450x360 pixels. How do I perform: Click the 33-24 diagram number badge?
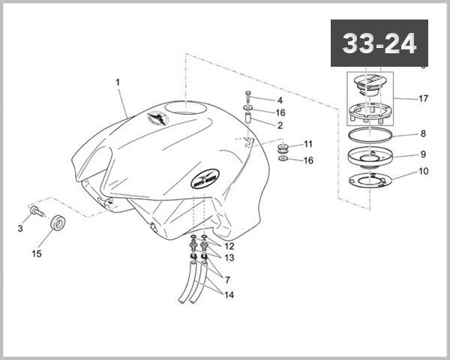click(x=379, y=44)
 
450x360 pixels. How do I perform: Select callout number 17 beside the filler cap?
click(x=423, y=98)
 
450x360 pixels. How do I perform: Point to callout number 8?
click(x=423, y=134)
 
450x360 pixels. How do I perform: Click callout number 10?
click(x=423, y=172)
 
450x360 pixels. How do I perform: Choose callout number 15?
click(x=36, y=254)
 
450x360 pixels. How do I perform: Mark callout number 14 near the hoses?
click(x=229, y=295)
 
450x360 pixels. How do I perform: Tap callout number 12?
click(x=229, y=246)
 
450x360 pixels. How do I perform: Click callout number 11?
click(x=308, y=143)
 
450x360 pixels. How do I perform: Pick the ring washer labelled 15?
click(x=57, y=223)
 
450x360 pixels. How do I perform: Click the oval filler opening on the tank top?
click(x=184, y=109)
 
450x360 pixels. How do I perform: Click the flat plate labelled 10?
click(x=372, y=181)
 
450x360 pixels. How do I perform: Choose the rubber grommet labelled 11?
click(x=284, y=145)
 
